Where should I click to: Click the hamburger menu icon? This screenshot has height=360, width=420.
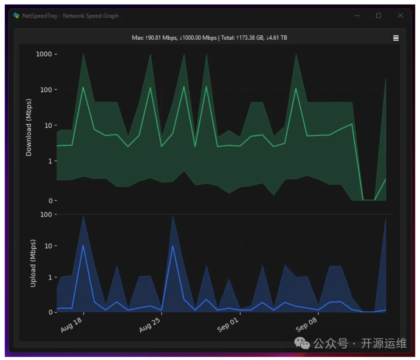(396, 38)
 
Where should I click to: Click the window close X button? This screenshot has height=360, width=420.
(400, 16)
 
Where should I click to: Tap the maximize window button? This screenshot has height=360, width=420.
(378, 16)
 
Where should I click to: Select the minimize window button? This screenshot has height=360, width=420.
(357, 16)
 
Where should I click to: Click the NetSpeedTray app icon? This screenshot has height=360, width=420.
(16, 16)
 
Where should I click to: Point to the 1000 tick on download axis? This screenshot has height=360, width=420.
(44, 54)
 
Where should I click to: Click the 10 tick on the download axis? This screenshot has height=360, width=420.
(48, 125)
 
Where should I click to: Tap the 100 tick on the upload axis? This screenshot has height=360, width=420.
(46, 214)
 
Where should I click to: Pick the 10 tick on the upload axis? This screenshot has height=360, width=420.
(48, 246)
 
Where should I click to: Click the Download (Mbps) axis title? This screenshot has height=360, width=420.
(29, 127)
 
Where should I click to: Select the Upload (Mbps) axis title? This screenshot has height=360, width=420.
(33, 263)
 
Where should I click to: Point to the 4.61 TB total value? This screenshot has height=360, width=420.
(278, 38)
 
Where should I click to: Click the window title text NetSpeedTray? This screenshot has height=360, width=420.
(41, 16)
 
